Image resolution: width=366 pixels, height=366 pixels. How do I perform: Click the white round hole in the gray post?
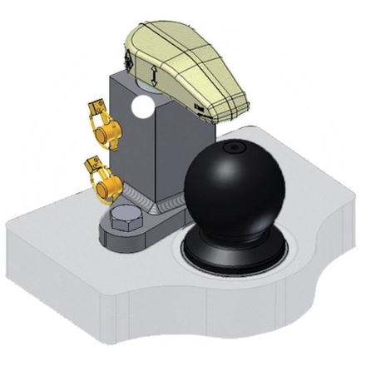144,106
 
